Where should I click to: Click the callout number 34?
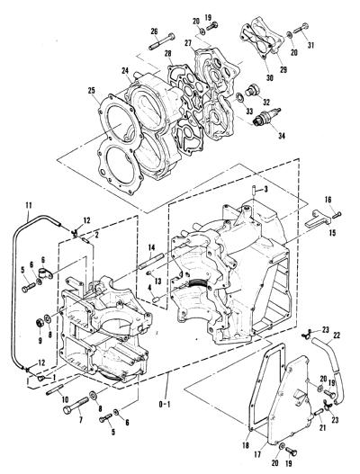point(282,136)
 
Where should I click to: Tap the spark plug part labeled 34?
point(266,117)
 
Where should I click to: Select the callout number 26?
point(154,31)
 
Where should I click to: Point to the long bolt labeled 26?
point(162,41)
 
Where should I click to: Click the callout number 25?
point(92,90)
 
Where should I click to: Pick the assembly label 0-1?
point(165,404)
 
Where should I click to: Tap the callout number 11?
point(29,205)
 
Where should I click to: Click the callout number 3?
point(265,190)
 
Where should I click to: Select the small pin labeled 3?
point(254,192)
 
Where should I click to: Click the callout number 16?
point(328,200)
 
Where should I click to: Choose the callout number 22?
point(337,335)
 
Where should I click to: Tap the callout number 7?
point(80,420)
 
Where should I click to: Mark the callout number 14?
point(151,248)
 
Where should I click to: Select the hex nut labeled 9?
point(39,323)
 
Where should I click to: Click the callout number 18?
point(246,445)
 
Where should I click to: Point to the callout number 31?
point(310,45)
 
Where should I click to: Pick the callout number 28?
point(168,54)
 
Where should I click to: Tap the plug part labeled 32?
point(251,90)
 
